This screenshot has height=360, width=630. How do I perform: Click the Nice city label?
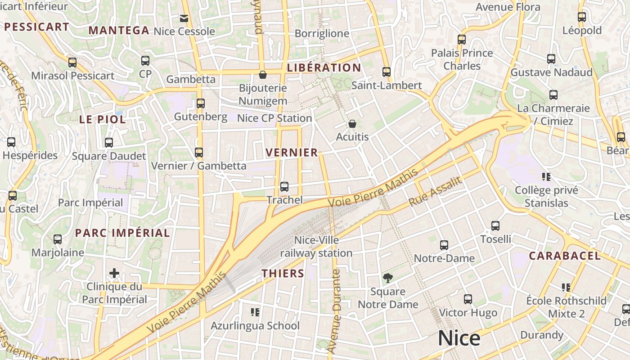[459, 338]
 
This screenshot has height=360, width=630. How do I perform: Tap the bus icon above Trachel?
[284, 186]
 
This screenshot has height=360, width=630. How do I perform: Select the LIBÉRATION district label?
[324, 68]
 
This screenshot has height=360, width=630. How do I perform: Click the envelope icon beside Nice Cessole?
[184, 18]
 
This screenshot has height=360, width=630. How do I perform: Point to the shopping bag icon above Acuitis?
[352, 123]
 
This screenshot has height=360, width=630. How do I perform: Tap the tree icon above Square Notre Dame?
[387, 278]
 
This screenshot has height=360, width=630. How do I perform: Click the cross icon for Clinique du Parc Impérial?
[114, 273]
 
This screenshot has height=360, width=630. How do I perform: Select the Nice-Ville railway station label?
[316, 247]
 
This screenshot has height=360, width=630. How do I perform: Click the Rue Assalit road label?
[435, 192]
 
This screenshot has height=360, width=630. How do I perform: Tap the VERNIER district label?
[292, 153]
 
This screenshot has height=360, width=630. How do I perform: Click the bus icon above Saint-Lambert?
[386, 72]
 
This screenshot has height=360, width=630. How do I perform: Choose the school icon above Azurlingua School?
[255, 312]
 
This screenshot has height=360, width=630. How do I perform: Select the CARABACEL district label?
[564, 256]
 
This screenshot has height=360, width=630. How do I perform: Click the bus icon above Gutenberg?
[201, 103]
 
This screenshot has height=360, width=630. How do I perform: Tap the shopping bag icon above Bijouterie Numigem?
[263, 74]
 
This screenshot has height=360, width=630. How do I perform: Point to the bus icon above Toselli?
[495, 225]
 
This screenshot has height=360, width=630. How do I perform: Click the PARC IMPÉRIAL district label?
[122, 233]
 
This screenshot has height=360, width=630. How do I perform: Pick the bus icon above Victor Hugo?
[468, 299]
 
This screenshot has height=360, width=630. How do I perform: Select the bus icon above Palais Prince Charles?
[462, 39]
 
